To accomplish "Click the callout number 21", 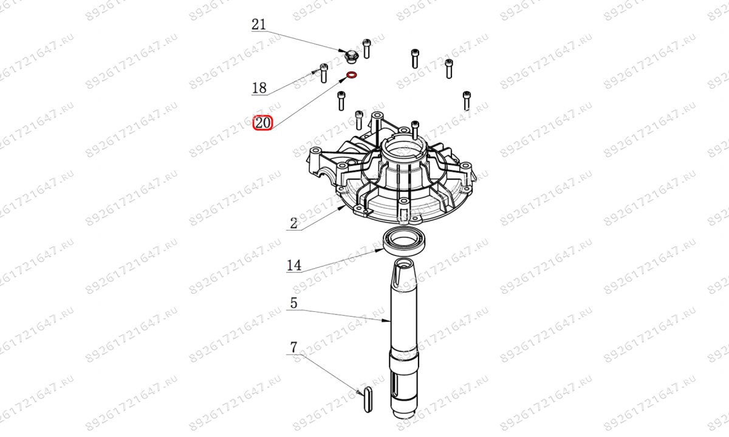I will pos(259,25).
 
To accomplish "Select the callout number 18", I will pos(259,89).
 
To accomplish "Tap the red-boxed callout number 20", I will pos(264,123).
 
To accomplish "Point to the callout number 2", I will pos(293,223).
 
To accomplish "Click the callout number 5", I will pos(293,303).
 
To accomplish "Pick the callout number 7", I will pos(293,348).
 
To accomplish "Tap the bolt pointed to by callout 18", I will pos(323,73).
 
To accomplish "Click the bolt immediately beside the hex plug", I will pos(366,48).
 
